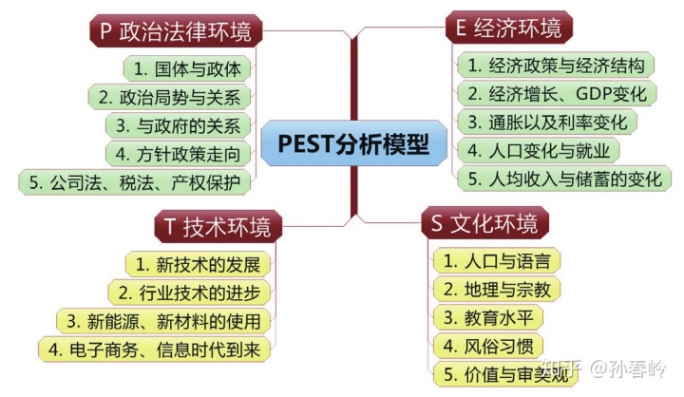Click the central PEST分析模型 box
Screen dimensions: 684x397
tap(352, 145)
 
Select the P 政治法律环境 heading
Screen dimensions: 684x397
tap(176, 30)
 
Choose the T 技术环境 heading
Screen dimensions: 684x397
tap(217, 226)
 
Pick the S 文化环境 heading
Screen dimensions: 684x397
tap(484, 223)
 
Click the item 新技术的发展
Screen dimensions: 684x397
tap(197, 263)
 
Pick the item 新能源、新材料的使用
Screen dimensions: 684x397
tap(162, 320)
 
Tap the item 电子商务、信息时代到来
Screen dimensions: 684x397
tap(155, 348)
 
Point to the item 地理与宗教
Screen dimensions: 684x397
tap(497, 289)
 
